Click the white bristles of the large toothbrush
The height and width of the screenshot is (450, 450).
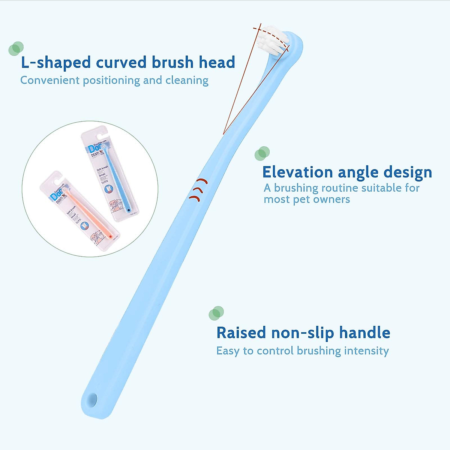273,40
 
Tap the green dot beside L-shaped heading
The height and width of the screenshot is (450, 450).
16,48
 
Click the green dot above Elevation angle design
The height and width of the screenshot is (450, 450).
262,153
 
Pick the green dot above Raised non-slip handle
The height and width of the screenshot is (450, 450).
216,313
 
